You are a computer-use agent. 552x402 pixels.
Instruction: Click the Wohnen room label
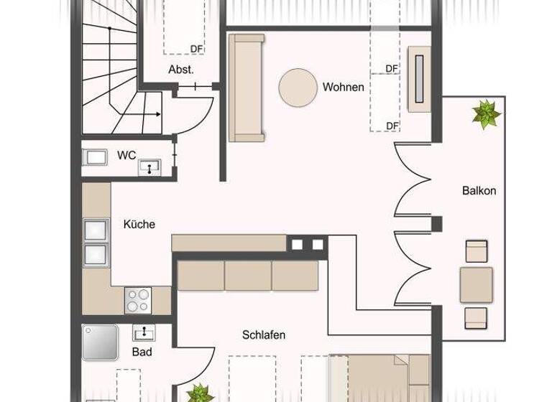click(343, 88)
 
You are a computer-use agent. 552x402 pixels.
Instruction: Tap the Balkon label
click(479, 191)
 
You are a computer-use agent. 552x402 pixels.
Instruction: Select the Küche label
click(139, 224)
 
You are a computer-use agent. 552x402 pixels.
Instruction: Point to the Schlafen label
click(264, 335)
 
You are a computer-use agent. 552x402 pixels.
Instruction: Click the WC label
click(126, 155)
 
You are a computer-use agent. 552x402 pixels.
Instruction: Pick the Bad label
click(142, 352)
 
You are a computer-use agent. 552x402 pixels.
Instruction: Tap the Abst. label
click(181, 70)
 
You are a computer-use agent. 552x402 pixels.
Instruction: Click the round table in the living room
click(298, 88)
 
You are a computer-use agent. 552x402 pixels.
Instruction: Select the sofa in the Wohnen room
click(247, 88)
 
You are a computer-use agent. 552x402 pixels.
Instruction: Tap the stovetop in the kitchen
click(139, 299)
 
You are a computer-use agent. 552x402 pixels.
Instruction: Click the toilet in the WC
click(95, 158)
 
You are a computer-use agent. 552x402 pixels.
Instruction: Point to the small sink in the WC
click(152, 168)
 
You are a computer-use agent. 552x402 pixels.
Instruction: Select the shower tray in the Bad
click(99, 342)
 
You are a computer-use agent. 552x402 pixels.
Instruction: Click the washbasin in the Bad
click(144, 332)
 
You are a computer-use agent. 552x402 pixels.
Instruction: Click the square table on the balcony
click(476, 284)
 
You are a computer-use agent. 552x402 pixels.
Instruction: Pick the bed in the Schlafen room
click(381, 379)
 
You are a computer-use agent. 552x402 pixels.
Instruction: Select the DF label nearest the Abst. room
click(196, 49)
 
